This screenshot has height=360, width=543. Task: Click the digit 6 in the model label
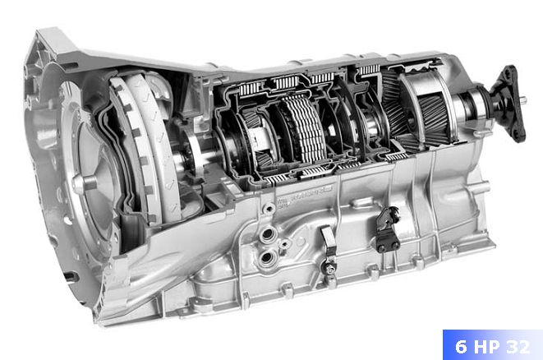tap(461, 347)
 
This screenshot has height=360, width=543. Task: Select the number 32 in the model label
tap(518, 347)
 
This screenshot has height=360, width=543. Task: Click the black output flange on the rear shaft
tap(508, 104)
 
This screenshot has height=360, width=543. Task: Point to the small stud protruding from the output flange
tap(523, 100)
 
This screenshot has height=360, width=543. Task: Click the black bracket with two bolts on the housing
tap(388, 229)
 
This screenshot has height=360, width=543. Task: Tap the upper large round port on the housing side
tap(268, 235)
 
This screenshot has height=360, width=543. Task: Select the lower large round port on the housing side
tap(267, 258)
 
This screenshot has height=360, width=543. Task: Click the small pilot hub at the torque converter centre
tap(81, 182)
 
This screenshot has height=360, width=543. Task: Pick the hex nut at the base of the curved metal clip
tap(329, 267)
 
